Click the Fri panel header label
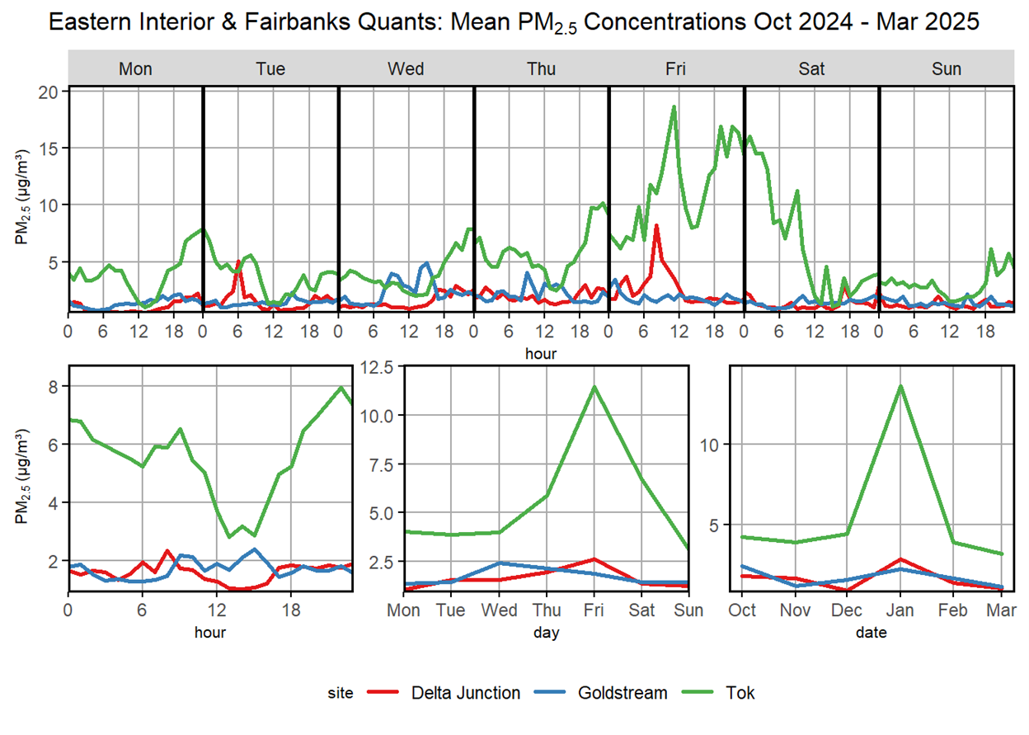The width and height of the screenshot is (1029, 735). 676,68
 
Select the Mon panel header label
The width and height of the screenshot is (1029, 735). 135,68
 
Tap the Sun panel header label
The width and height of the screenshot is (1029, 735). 947,68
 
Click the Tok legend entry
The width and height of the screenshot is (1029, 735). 739,692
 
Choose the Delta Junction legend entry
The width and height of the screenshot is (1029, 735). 466,692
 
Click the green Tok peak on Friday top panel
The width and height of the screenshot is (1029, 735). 674,106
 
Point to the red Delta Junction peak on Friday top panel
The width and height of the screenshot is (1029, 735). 656,225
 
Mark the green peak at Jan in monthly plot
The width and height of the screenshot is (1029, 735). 900,385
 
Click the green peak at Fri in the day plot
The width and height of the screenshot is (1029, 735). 593,386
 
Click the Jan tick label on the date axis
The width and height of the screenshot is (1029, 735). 900,610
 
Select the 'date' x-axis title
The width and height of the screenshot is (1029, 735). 873,633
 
